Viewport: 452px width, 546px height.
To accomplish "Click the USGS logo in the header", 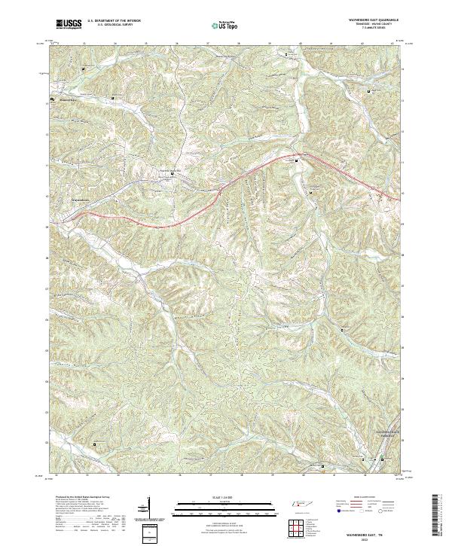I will click(69, 25).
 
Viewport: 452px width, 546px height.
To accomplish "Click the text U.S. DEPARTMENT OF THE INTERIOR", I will click(115, 21).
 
